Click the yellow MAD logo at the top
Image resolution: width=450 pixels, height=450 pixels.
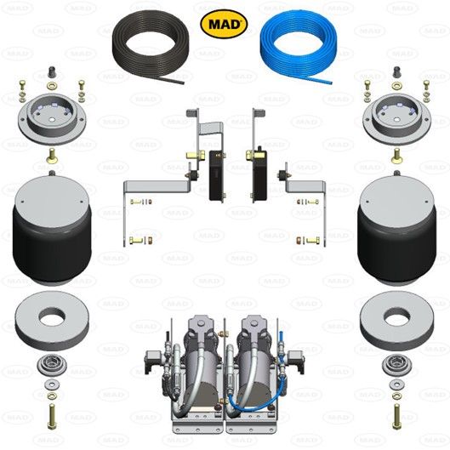(x=224, y=23)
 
